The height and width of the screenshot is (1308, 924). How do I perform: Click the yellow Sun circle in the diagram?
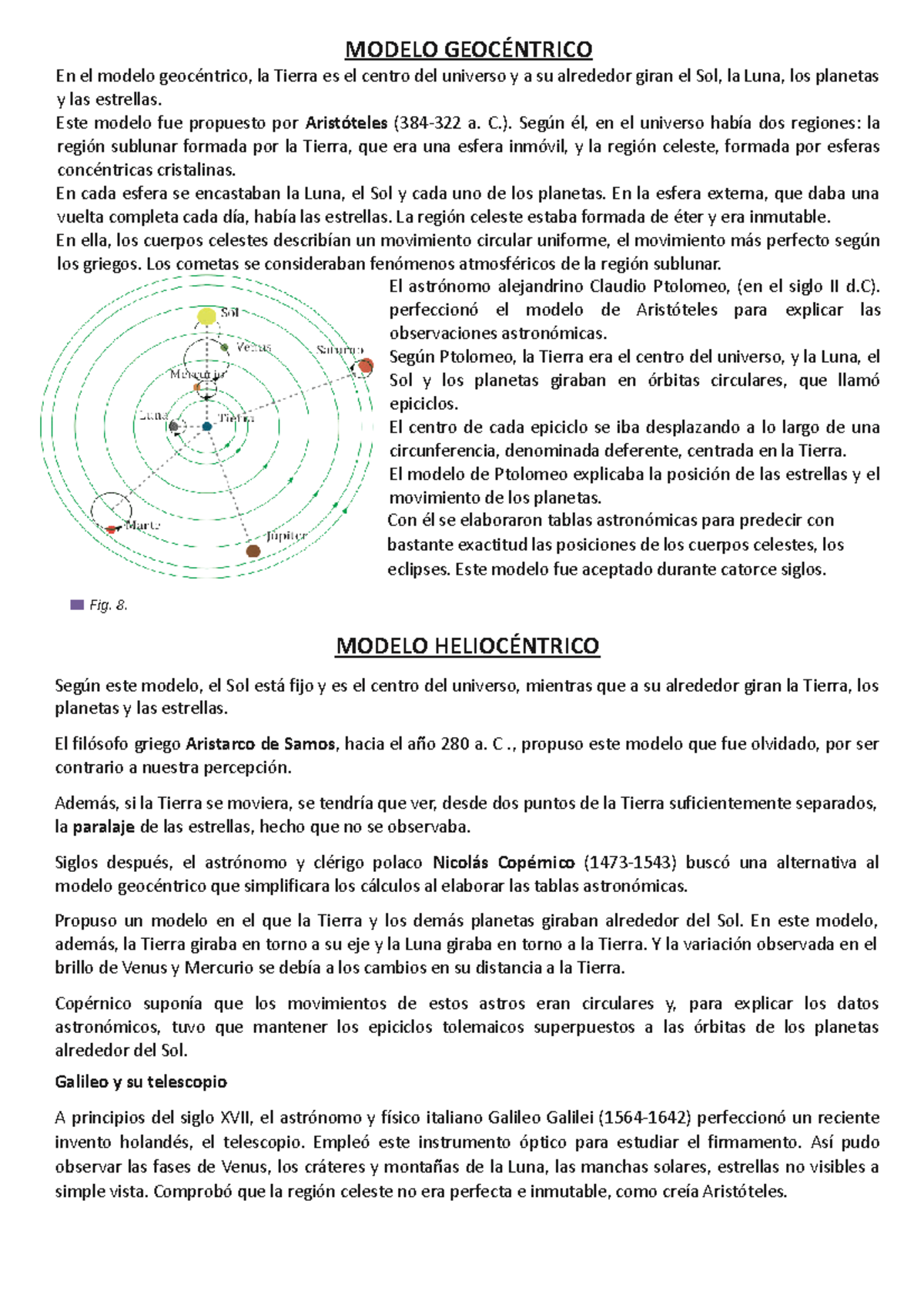(x=206, y=316)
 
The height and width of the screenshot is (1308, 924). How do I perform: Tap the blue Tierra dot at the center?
(x=207, y=427)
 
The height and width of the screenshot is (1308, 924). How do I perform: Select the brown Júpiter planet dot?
(x=253, y=551)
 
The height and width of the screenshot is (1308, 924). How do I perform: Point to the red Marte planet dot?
(x=112, y=529)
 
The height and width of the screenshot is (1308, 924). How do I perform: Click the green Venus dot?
(x=225, y=348)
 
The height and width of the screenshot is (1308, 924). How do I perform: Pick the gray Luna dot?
(x=174, y=426)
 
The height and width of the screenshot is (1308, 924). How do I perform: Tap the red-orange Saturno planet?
(x=367, y=365)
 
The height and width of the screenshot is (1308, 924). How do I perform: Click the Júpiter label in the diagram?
(x=286, y=535)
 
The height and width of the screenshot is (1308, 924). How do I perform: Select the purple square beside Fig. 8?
(x=76, y=605)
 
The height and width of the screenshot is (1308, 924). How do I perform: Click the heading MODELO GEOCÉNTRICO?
(x=468, y=49)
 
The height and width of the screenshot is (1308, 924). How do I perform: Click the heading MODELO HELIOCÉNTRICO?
(x=467, y=646)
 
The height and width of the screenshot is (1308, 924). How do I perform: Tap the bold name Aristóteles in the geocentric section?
(x=346, y=123)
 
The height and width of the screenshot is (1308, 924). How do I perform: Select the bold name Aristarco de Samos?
(x=260, y=744)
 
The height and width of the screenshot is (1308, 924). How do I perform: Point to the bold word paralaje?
(x=104, y=827)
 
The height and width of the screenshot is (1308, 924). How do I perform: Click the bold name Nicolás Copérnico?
(x=504, y=863)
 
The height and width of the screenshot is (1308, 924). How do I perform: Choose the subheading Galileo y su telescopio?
(x=141, y=1082)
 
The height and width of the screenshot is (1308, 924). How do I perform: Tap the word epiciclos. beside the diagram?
(x=423, y=404)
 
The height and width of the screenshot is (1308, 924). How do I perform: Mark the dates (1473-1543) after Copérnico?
(x=630, y=863)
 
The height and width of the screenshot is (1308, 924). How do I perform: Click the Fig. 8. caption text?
(x=109, y=605)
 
